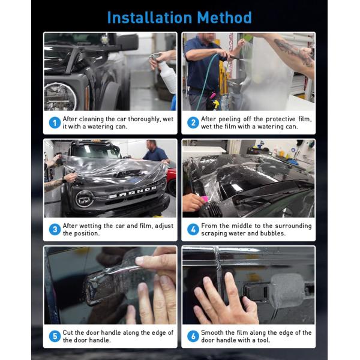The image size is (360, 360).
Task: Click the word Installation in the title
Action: click(149, 17)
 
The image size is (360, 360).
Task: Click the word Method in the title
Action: click(224, 17)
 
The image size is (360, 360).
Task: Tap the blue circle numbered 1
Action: click(55, 123)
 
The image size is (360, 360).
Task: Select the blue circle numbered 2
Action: click(193, 123)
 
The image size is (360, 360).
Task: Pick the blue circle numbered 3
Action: click(55, 229)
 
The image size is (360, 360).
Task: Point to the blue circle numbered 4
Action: click(193, 229)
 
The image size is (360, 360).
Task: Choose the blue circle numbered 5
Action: click(55, 336)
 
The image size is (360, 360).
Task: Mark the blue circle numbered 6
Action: click(193, 336)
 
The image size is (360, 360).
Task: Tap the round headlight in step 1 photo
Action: click(60, 97)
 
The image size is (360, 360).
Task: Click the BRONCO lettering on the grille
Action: click(133, 192)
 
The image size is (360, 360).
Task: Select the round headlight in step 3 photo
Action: click(85, 199)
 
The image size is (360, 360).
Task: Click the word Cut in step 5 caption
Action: click(68, 332)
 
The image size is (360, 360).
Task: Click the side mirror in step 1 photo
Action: click(127, 43)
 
